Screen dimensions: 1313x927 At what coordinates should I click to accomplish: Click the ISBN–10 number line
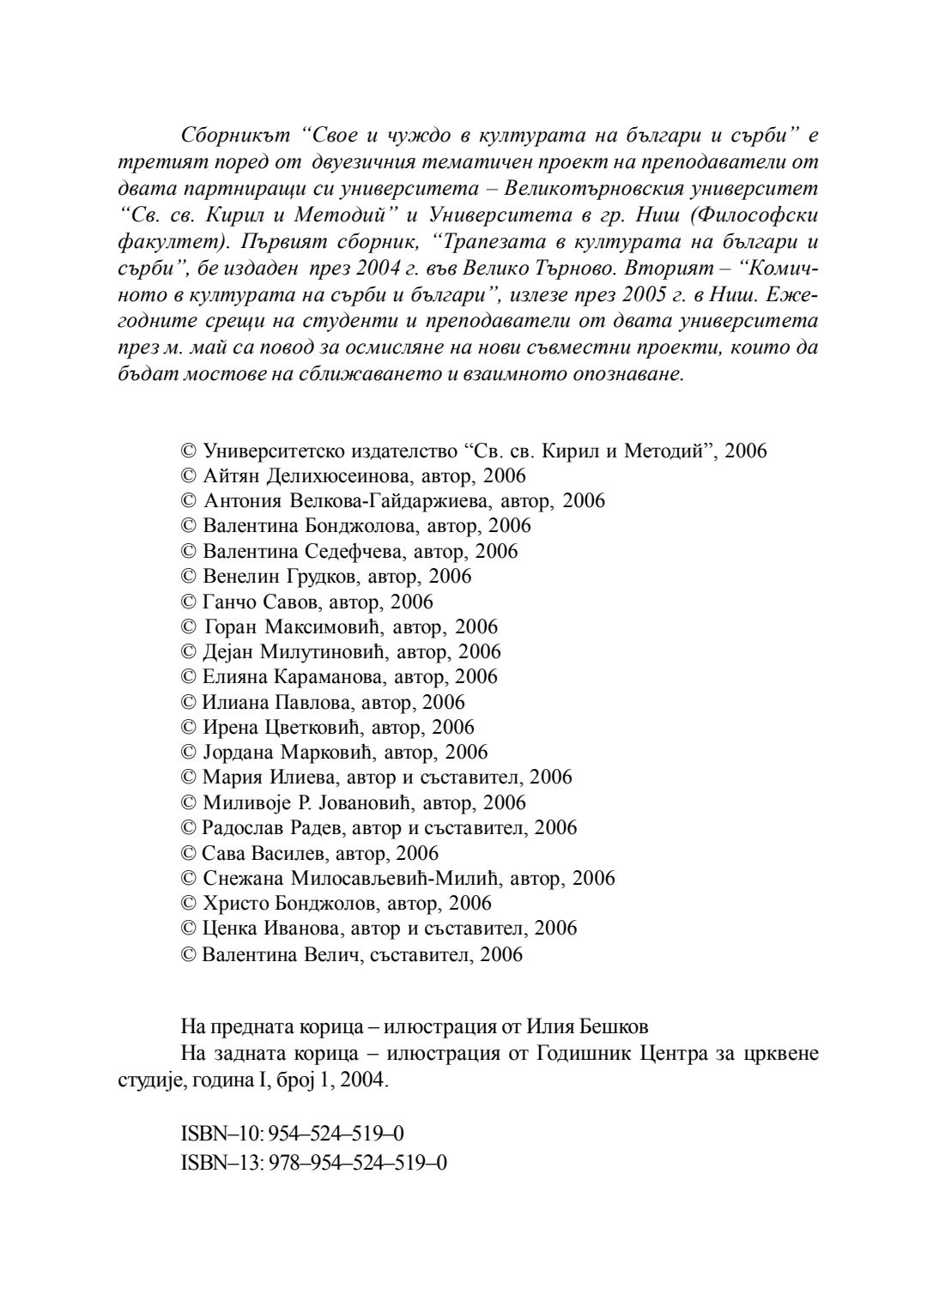coord(293,1134)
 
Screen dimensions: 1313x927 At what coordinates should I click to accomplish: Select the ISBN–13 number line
coord(314,1163)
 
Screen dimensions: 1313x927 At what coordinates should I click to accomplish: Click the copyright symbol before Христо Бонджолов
coord(190,903)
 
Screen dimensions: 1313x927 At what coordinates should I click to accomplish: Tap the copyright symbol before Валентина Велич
coord(190,953)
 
